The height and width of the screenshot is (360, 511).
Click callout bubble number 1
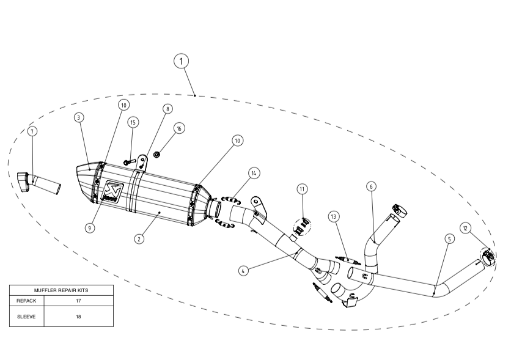pyautogui.click(x=181, y=61)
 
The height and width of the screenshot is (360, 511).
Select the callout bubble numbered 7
pyautogui.click(x=32, y=131)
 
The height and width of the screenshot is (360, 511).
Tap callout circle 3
pyautogui.click(x=79, y=117)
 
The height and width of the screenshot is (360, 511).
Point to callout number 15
pyautogui.click(x=133, y=122)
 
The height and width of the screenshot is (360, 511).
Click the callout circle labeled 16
pyautogui.click(x=179, y=128)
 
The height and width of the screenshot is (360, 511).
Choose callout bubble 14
pyautogui.click(x=254, y=173)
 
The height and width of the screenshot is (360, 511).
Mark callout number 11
pyautogui.click(x=302, y=189)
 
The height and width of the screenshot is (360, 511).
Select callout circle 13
pyautogui.click(x=333, y=216)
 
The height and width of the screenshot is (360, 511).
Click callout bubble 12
pyautogui.click(x=465, y=229)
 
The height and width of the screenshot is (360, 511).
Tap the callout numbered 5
pyautogui.click(x=449, y=239)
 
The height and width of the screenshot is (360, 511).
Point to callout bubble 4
pyautogui.click(x=243, y=270)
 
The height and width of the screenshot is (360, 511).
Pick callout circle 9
pyautogui.click(x=90, y=228)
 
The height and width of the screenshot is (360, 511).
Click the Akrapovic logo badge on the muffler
pyautogui.click(x=113, y=191)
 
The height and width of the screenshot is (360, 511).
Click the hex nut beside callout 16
pyautogui.click(x=156, y=154)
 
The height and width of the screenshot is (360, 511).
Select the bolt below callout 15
pyautogui.click(x=130, y=161)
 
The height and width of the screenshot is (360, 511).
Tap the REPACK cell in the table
pyautogui.click(x=26, y=301)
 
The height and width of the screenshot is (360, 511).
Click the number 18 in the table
pyautogui.click(x=78, y=317)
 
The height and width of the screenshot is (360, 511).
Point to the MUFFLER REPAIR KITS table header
pyautogui.click(x=61, y=290)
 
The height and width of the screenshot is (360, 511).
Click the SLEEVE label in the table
pyautogui.click(x=26, y=317)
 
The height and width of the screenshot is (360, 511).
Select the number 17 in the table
pyautogui.click(x=78, y=301)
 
